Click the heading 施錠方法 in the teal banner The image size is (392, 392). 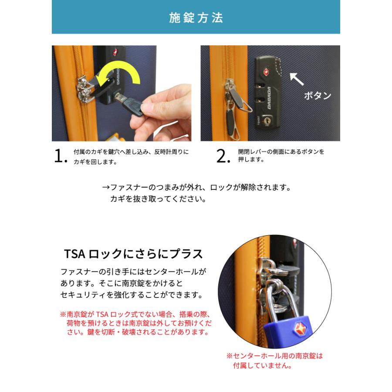[196, 18]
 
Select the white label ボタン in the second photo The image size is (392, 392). [318, 95]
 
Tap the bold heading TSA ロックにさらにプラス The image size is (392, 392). [133, 254]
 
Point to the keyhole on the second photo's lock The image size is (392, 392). [267, 118]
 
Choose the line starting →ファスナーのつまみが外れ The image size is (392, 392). [196, 188]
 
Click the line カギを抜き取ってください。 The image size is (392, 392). [157, 199]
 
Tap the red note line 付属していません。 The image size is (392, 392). [262, 365]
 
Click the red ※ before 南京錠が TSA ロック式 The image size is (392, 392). [62, 314]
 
